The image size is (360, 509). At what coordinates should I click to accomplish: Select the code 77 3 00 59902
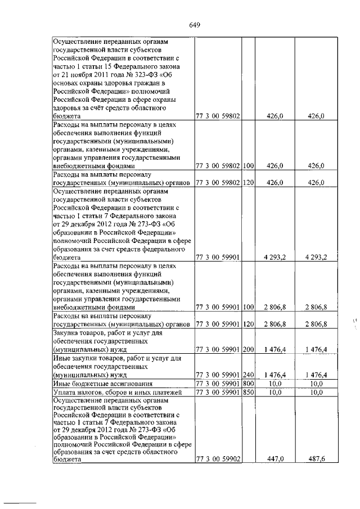click(x=218, y=460)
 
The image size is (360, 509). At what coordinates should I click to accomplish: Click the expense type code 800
click(x=248, y=383)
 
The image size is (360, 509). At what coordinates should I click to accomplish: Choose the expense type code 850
click(x=248, y=392)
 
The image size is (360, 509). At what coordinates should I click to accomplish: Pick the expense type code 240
click(x=248, y=375)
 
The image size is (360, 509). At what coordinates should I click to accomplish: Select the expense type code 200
click(x=248, y=350)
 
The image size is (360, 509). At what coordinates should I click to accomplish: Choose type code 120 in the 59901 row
click(x=248, y=325)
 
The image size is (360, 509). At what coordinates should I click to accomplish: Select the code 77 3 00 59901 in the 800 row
click(x=218, y=383)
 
